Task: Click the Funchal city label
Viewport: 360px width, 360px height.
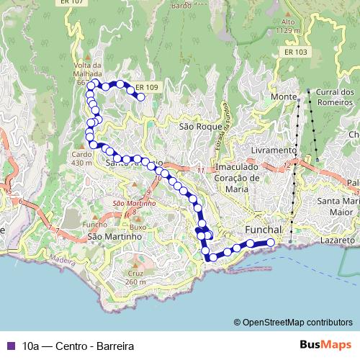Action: [x=257, y=228]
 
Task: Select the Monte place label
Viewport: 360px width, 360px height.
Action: [x=284, y=97]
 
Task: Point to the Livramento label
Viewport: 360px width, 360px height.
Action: [x=273, y=150]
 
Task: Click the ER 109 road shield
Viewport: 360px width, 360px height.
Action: [x=146, y=87]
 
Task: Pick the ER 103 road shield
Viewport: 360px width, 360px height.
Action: [x=295, y=53]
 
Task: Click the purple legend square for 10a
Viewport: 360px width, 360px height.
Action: [x=9, y=346]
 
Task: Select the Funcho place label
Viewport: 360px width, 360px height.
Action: [x=94, y=224]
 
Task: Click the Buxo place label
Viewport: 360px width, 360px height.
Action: [x=138, y=227]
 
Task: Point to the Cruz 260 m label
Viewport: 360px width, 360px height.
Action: [x=135, y=278]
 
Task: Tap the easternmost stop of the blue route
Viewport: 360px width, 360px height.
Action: [x=271, y=243]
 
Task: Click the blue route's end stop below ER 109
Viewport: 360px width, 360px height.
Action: [x=141, y=96]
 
